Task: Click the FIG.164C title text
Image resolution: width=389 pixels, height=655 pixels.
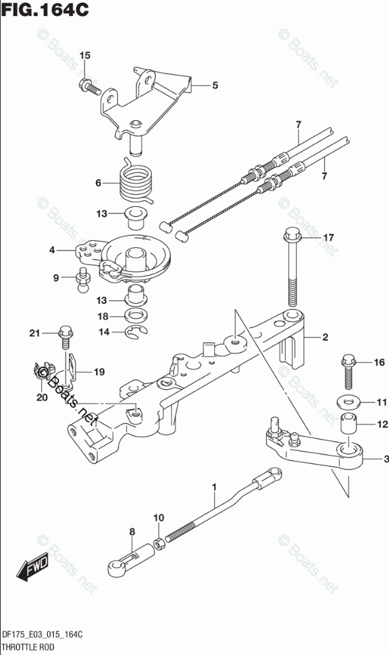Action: (x=45, y=9)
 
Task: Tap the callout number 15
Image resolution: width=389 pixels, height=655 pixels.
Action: (x=85, y=56)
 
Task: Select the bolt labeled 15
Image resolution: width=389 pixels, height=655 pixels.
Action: (x=89, y=86)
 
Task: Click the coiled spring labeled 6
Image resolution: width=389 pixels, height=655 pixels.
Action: (x=136, y=181)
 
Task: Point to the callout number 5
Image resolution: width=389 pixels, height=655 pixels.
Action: (x=215, y=86)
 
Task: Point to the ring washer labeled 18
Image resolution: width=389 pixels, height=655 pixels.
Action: (x=136, y=316)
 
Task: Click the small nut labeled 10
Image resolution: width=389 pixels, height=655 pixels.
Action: (x=160, y=545)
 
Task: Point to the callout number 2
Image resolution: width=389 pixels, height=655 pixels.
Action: (x=325, y=337)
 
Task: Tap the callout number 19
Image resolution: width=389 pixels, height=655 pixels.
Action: (x=99, y=372)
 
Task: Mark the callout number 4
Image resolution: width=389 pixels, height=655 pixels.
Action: (x=52, y=251)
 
